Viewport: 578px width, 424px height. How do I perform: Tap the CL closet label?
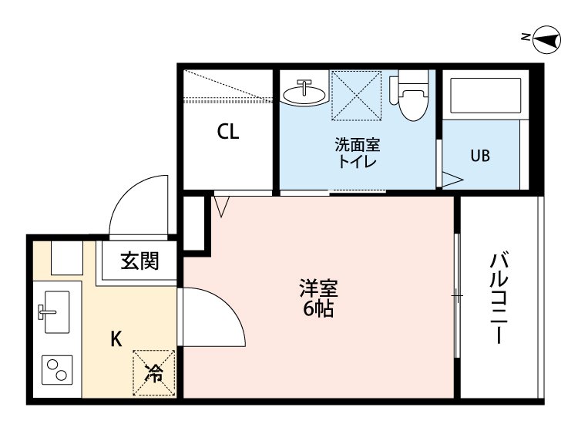pyautogui.click(x=227, y=131)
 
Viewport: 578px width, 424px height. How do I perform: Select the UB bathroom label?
pyautogui.click(x=480, y=155)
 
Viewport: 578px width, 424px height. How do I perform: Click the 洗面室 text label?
pyautogui.click(x=357, y=144)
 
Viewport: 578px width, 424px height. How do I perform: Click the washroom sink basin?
pyautogui.click(x=304, y=93)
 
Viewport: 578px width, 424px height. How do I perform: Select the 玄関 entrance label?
pyautogui.click(x=139, y=261)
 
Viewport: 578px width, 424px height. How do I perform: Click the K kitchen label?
pyautogui.click(x=116, y=338)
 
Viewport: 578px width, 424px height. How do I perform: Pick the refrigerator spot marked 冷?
pyautogui.click(x=155, y=374)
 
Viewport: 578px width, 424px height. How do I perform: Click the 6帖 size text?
pyautogui.click(x=318, y=310)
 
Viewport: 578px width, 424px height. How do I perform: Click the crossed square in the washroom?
pyautogui.click(x=356, y=96)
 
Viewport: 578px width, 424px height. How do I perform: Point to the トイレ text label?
pyautogui.click(x=357, y=162)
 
